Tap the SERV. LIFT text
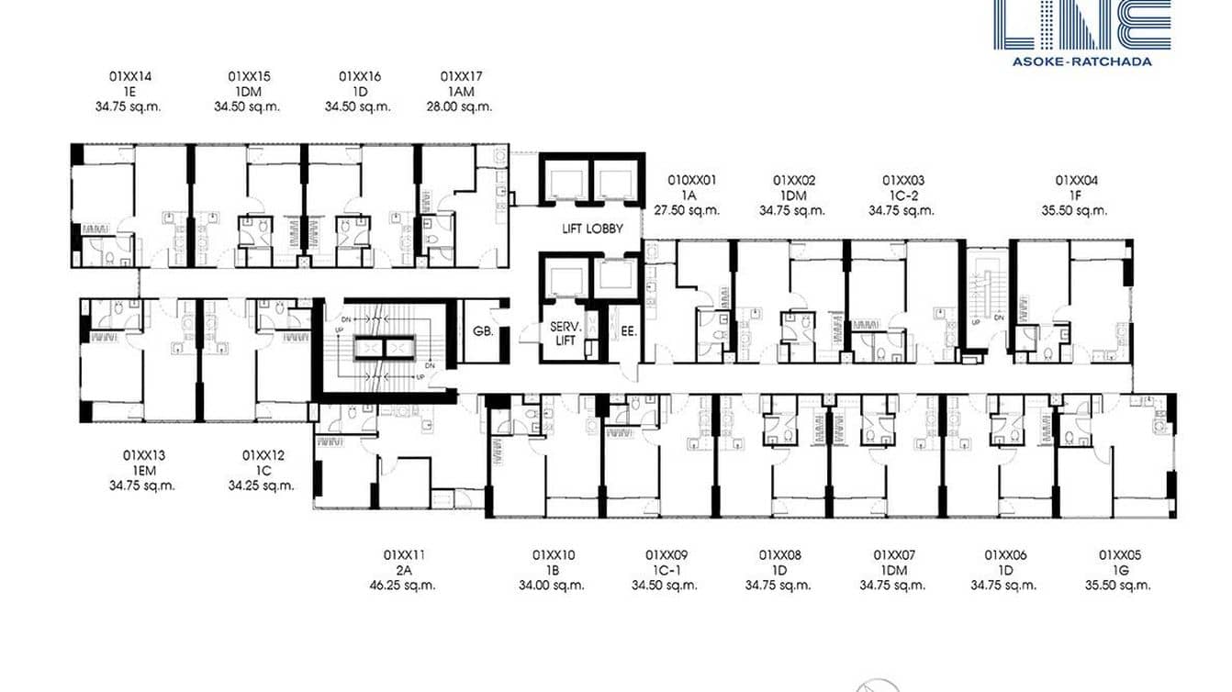pyautogui.click(x=562, y=334)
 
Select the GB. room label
pyautogui.click(x=483, y=331)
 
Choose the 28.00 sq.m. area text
pyautogui.click(x=466, y=106)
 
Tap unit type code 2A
pyautogui.click(x=403, y=570)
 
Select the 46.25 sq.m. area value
pyautogui.click(x=403, y=585)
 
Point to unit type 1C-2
pyautogui.click(x=902, y=195)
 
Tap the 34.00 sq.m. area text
pyautogui.click(x=552, y=585)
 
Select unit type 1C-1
pyautogui.click(x=666, y=570)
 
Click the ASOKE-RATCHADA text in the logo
pyautogui.click(x=1081, y=61)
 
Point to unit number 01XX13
pyautogui.click(x=143, y=455)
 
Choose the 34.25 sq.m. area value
pyautogui.click(x=262, y=486)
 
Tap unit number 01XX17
pyautogui.click(x=461, y=76)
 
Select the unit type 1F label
pyautogui.click(x=1075, y=195)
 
